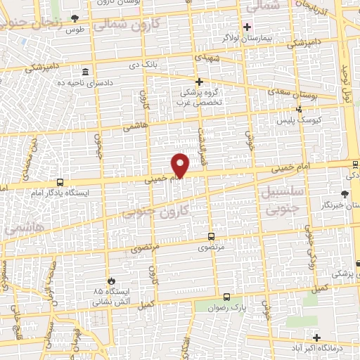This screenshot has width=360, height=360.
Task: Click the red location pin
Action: [181, 166]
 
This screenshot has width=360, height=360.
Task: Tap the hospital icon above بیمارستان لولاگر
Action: [247, 27]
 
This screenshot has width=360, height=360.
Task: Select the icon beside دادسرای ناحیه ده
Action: [86, 72]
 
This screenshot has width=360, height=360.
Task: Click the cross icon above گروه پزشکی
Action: [199, 82]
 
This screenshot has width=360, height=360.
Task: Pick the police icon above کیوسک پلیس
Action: [300, 109]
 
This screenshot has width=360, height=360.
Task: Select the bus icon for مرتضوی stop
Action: [212, 236]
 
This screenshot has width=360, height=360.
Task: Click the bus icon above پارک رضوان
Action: [226, 297]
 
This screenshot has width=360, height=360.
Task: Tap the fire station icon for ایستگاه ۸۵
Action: [108, 280]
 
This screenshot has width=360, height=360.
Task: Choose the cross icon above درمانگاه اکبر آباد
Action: [316, 337]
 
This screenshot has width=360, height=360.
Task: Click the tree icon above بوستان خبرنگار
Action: [344, 194]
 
